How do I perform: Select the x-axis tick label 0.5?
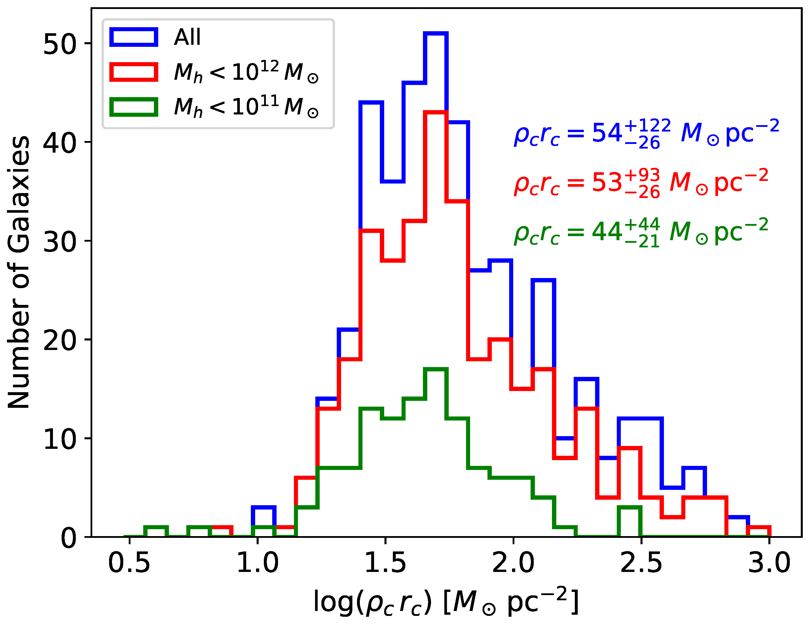pos(129,564)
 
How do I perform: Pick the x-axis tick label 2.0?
pos(513,564)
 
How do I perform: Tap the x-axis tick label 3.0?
pos(769,564)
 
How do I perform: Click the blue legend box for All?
pos(134,37)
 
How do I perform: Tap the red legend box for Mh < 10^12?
pos(134,72)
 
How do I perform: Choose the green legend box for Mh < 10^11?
pos(134,107)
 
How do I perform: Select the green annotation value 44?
pos(607,232)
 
